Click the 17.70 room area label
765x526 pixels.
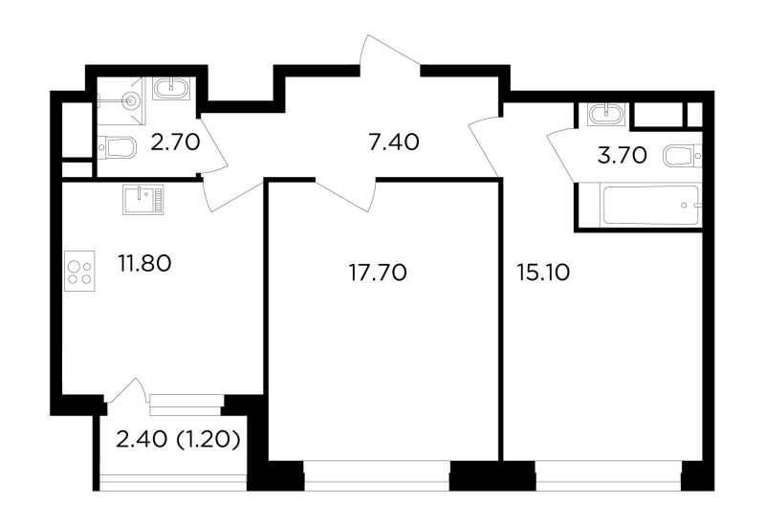[378, 273]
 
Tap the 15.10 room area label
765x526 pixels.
[543, 273]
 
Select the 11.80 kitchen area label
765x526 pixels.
[144, 264]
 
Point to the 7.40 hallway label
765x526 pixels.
[394, 142]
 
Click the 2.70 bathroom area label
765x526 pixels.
[175, 142]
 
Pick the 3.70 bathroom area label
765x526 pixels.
[623, 156]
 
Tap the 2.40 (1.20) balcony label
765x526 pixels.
[178, 440]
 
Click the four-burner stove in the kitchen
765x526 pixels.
[79, 272]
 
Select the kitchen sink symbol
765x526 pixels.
[143, 199]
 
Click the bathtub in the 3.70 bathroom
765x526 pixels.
[651, 206]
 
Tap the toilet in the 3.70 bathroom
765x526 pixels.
[683, 156]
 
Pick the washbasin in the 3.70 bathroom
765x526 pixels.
[606, 115]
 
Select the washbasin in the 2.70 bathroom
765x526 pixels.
[171, 89]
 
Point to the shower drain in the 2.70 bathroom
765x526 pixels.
[131, 101]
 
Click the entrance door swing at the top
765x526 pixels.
[390, 53]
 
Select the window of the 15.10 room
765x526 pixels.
[608, 475]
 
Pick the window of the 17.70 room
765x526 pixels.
[377, 475]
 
